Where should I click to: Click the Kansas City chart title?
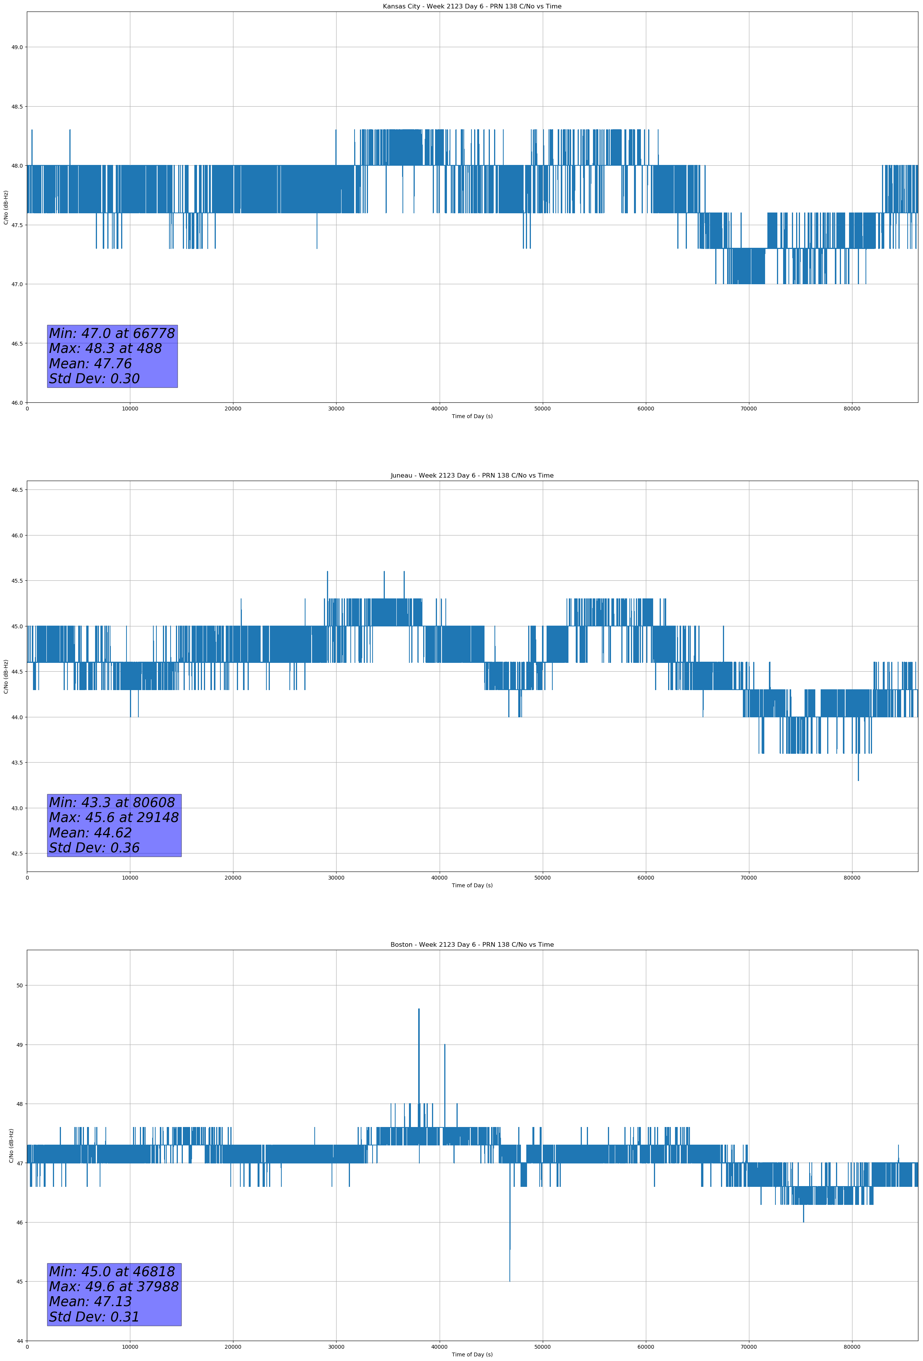tap(472, 7)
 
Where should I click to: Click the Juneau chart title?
tap(472, 476)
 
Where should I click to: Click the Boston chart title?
tap(472, 945)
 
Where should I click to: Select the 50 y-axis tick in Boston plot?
tap(19, 985)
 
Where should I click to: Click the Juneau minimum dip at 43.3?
tap(858, 779)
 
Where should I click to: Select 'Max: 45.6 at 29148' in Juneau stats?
tap(113, 817)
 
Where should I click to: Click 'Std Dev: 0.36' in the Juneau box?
tap(94, 848)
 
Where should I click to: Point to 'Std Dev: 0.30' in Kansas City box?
tap(94, 379)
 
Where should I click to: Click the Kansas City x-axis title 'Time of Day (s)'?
tap(472, 416)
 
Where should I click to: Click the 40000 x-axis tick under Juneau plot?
tap(439, 877)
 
